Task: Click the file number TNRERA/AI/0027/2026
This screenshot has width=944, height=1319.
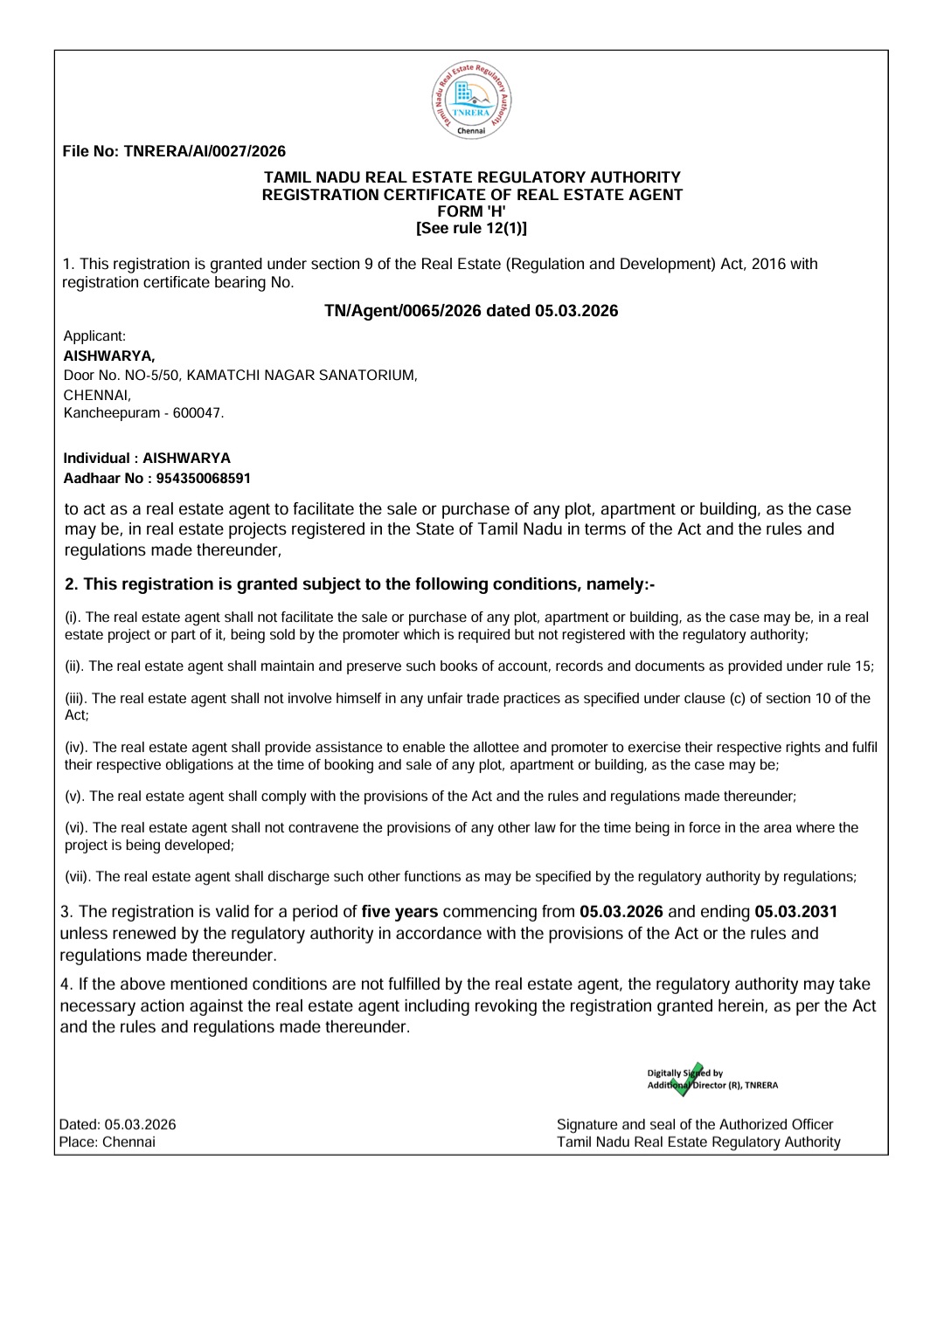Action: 204,151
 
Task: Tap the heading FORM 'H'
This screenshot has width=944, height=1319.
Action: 472,211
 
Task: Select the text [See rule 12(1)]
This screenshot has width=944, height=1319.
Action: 472,228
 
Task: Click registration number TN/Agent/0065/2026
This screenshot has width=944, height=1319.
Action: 403,311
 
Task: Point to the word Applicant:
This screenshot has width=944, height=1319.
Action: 94,336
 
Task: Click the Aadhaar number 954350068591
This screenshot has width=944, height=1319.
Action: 203,479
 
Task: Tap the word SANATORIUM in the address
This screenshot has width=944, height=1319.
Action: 366,376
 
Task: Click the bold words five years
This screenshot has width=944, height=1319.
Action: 399,912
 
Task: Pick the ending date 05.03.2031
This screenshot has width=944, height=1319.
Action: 795,912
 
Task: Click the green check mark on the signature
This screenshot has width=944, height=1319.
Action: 688,1079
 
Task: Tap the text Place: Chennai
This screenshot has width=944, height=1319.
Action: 107,1142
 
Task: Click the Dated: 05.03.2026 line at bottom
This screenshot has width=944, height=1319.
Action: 117,1124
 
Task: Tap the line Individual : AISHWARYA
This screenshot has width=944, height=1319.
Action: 147,458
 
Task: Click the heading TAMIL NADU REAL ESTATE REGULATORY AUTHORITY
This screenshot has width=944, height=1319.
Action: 472,178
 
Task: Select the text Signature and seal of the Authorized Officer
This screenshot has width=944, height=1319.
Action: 695,1124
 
